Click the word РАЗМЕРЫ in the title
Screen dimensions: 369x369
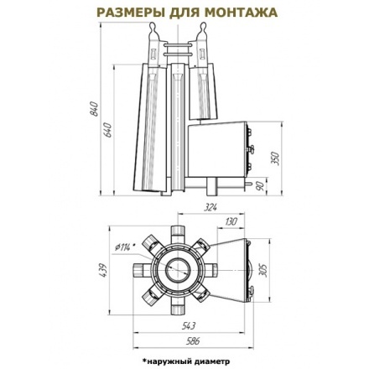click(127, 13)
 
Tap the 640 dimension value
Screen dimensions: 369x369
click(109, 132)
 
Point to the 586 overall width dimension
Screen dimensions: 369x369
click(194, 342)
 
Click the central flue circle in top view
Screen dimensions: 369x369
click(177, 271)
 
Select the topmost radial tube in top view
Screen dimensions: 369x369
click(177, 231)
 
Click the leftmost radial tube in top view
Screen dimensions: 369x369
click(138, 270)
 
